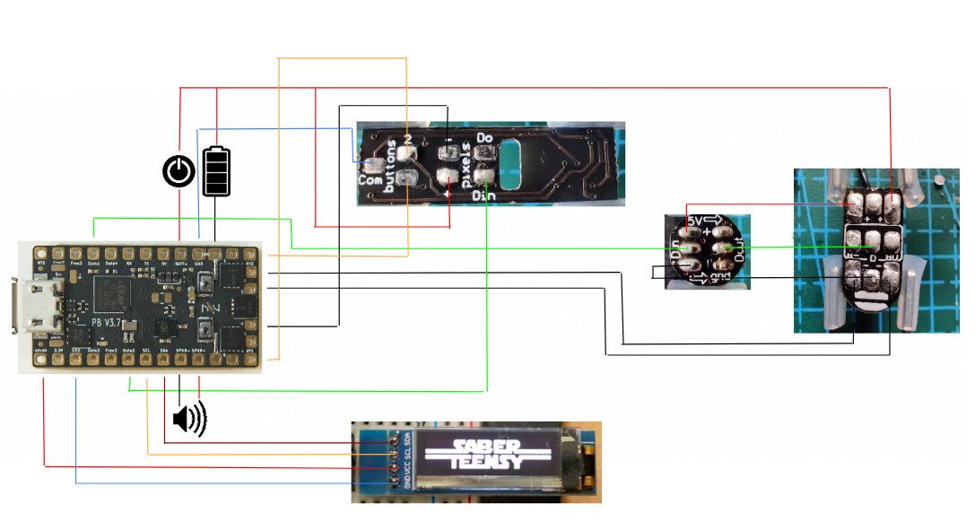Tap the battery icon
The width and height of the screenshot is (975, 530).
pos(216,170)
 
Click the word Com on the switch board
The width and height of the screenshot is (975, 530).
pos(368,178)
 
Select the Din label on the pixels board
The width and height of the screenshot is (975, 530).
pos(484,194)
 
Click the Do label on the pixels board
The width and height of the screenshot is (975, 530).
pos(485,138)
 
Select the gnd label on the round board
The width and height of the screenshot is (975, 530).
pos(719,277)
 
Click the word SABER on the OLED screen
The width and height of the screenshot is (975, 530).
pos(483,446)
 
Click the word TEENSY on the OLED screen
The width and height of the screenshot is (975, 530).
pos(483,462)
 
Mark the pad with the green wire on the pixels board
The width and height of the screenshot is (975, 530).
pos(486,176)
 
